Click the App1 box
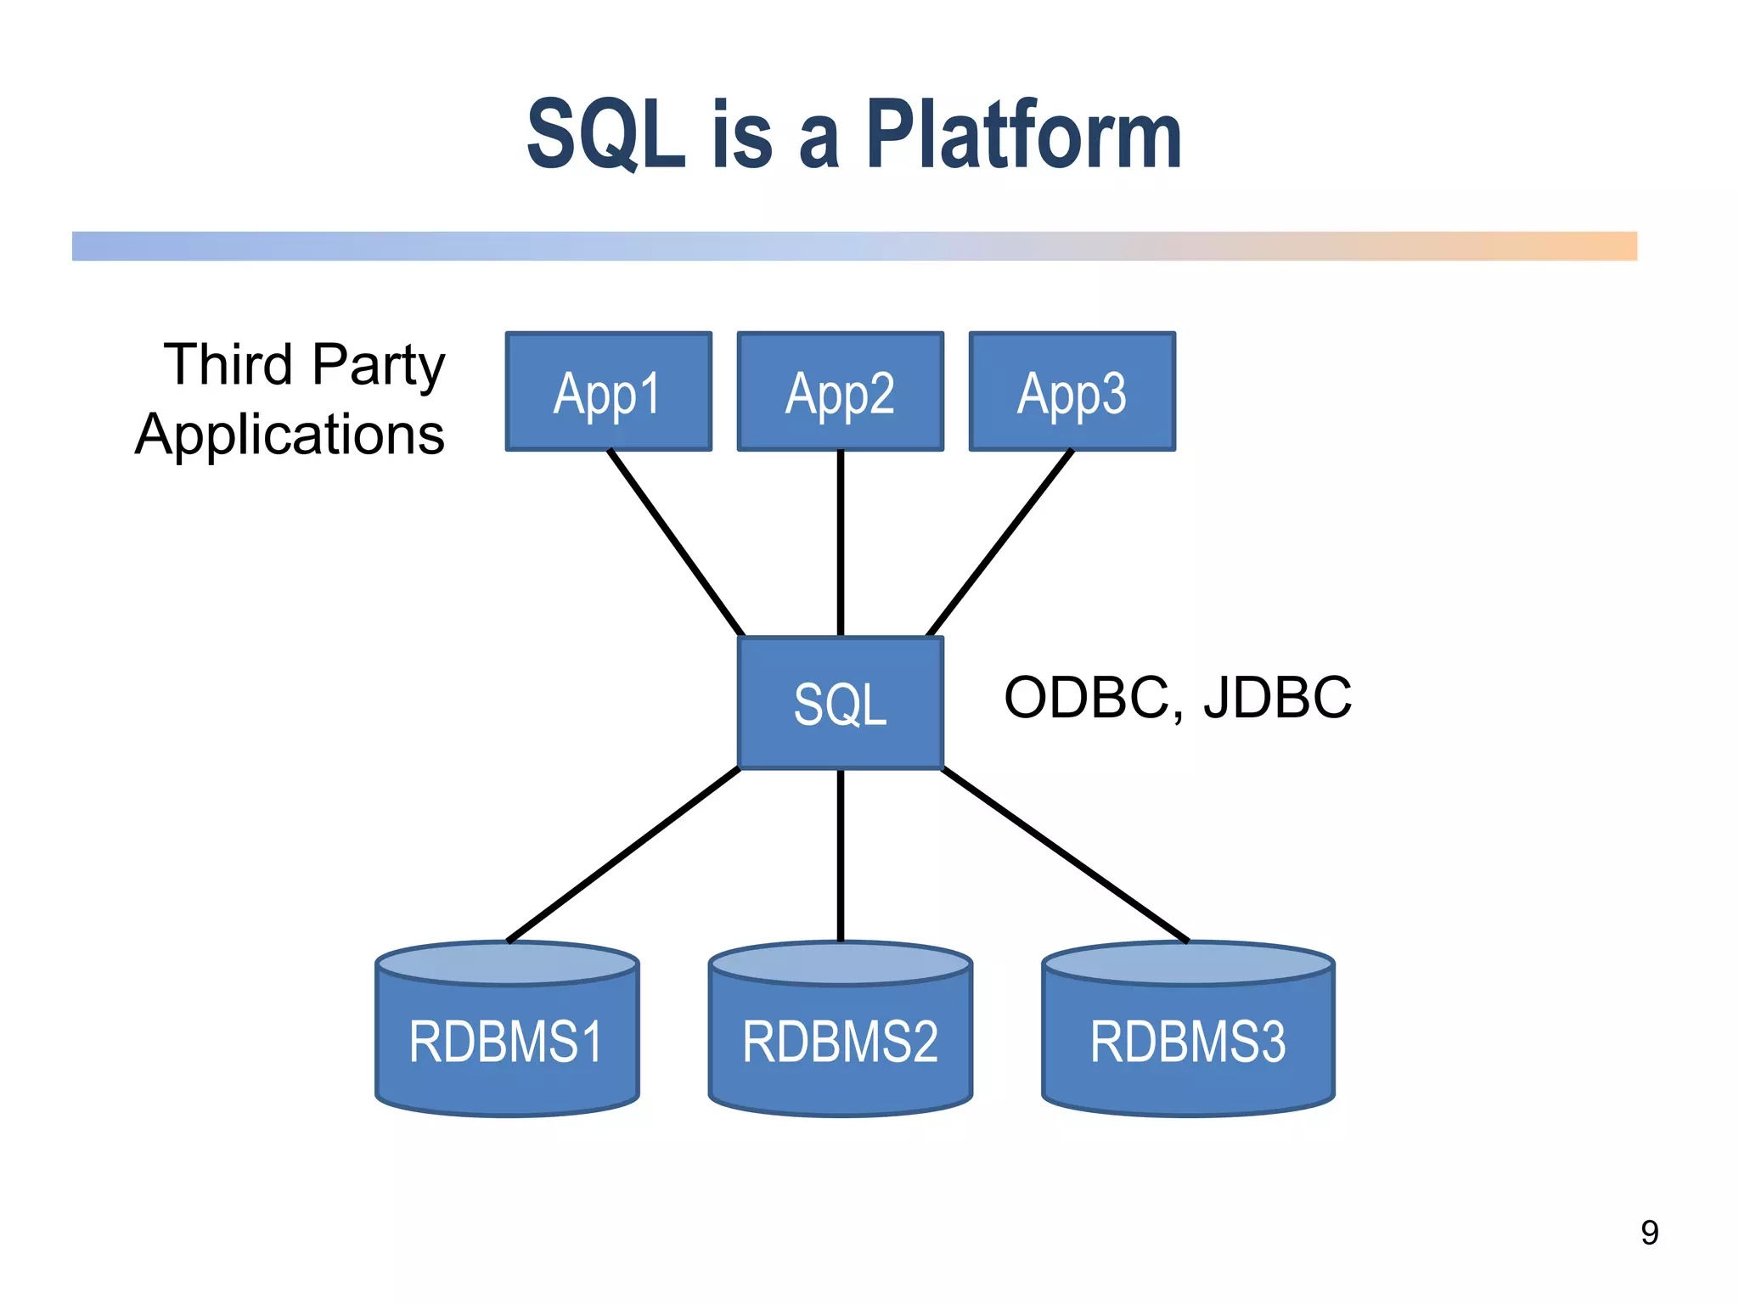608,391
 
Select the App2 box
840,391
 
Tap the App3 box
1072,391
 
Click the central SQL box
840,703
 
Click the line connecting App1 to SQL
676,543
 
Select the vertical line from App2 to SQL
840,543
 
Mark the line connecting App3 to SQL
1000,543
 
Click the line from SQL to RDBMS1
624,854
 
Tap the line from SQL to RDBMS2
840,854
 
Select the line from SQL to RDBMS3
1065,854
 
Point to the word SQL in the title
605,136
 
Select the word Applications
290,435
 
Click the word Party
378,365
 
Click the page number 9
1649,1233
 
